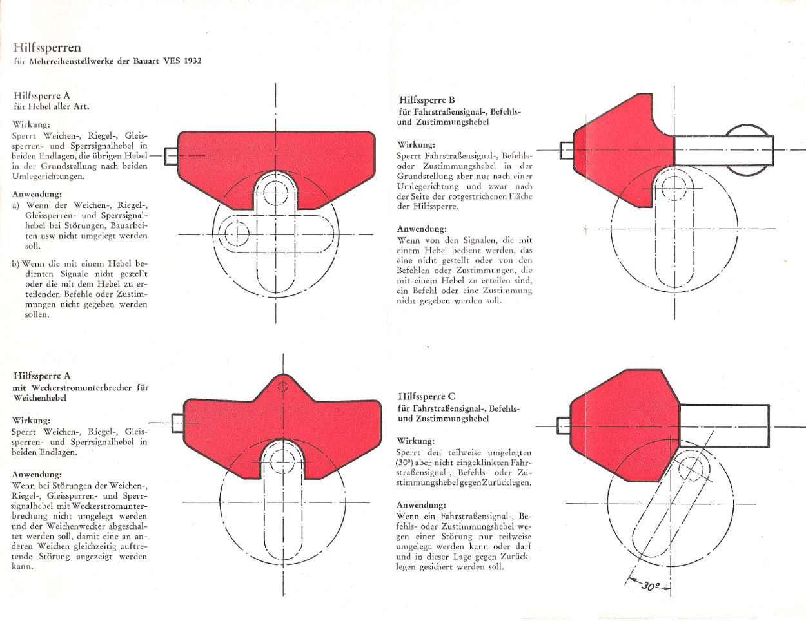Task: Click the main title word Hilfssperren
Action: point(47,48)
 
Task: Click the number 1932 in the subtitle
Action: point(193,61)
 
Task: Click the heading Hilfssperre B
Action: point(427,100)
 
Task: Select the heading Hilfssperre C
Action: point(427,396)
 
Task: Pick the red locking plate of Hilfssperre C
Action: point(623,426)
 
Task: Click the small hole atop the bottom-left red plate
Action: point(282,387)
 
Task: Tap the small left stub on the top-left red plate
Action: point(172,156)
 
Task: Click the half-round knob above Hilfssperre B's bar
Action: point(747,130)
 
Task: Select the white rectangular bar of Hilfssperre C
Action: point(724,425)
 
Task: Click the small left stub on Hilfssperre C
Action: point(564,425)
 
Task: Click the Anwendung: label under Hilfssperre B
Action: point(422,229)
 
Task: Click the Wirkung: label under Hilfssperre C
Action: point(415,441)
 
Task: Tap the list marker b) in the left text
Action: point(15,264)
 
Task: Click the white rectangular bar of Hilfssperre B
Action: point(723,151)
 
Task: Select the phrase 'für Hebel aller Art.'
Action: point(52,107)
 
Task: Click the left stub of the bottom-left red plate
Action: point(178,423)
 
